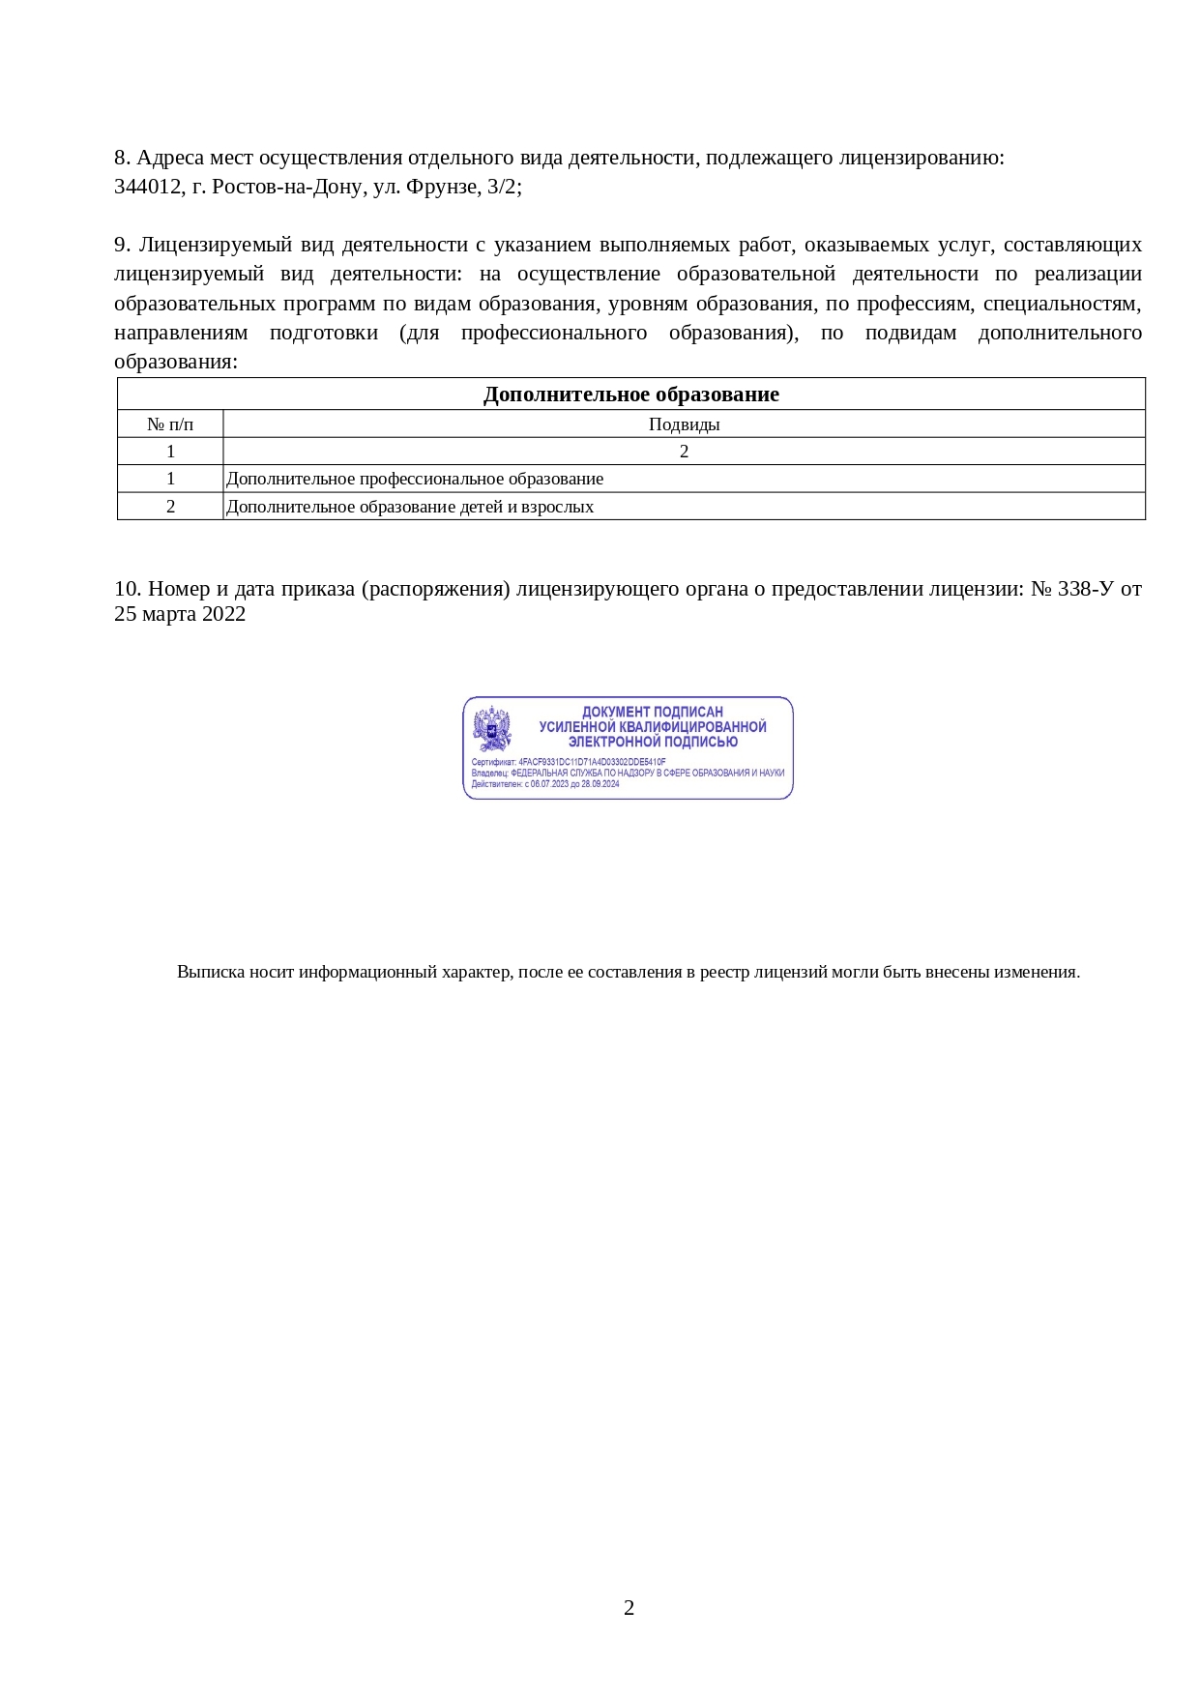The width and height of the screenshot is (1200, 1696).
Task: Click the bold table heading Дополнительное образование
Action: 630,395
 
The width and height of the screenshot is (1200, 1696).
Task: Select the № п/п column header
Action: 170,424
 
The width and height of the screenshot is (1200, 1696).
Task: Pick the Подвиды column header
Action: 684,424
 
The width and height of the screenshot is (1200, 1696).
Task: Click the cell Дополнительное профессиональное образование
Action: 415,479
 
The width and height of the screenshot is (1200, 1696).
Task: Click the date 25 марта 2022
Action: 180,614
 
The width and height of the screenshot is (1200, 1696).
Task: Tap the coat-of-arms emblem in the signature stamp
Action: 492,729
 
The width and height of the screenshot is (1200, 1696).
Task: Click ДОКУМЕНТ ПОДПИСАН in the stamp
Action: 652,712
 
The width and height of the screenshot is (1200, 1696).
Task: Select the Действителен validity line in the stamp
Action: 545,783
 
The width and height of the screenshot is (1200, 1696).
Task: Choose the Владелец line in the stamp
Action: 628,773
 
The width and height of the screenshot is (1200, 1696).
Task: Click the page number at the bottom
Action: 629,1608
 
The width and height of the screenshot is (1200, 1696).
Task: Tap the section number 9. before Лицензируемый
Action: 122,245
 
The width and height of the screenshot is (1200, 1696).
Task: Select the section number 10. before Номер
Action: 128,589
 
